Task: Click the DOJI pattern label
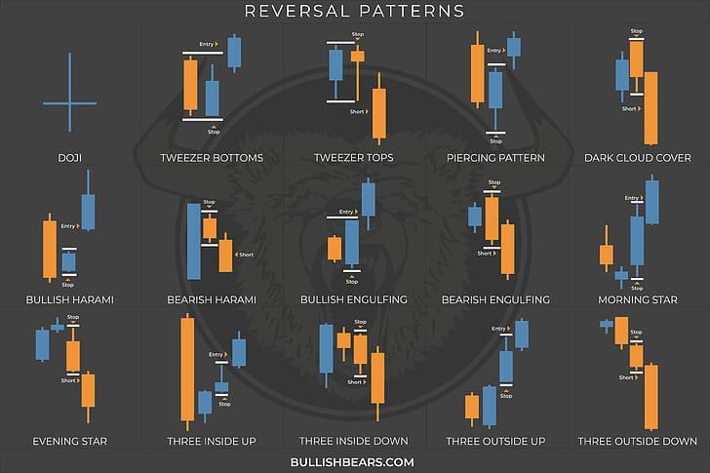coord(70,157)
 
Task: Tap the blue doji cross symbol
coord(70,102)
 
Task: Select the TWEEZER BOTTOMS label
coord(212,157)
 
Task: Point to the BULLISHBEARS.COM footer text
coord(354,462)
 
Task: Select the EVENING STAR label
coord(68,441)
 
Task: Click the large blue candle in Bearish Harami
coord(193,241)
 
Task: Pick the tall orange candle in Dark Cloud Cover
coord(651,108)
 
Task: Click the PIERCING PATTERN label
coord(495,157)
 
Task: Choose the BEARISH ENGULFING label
coord(495,299)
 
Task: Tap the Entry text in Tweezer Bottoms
coord(207,44)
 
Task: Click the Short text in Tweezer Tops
coord(357,111)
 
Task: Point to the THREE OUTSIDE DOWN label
coord(638,441)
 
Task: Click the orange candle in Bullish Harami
coord(48,250)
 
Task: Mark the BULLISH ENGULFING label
coord(354,299)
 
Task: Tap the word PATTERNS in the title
coord(410,13)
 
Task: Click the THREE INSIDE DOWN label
coord(354,441)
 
